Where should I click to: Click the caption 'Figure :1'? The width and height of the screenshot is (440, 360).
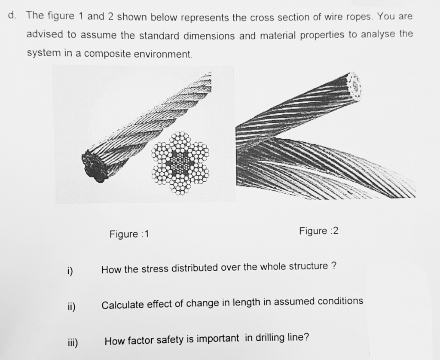click(x=129, y=234)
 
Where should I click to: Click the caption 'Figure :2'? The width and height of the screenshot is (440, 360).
click(x=319, y=231)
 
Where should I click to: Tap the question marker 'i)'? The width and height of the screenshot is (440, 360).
click(x=70, y=271)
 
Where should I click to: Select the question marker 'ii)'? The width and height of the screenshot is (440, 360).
click(x=71, y=306)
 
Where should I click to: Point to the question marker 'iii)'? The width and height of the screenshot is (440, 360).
click(x=71, y=342)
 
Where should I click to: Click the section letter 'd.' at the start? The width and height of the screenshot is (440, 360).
click(x=13, y=16)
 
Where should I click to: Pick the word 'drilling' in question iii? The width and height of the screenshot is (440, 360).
click(x=272, y=338)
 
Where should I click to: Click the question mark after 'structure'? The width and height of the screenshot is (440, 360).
click(x=333, y=265)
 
